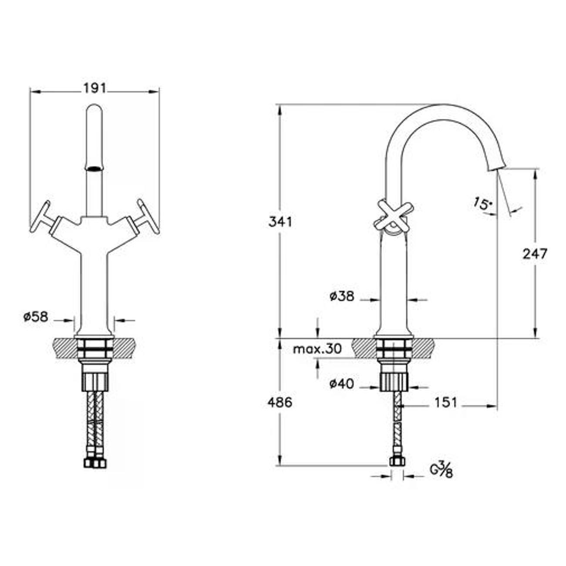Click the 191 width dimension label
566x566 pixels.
[94, 88]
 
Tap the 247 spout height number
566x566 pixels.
[535, 254]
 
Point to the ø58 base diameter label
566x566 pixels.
[36, 317]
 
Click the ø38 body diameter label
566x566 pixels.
[342, 296]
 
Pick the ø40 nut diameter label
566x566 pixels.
[342, 384]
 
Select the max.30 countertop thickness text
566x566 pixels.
[317, 349]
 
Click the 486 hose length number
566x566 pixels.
[280, 402]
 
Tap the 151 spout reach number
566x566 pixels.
[445, 402]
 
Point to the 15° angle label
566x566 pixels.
[482, 204]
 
